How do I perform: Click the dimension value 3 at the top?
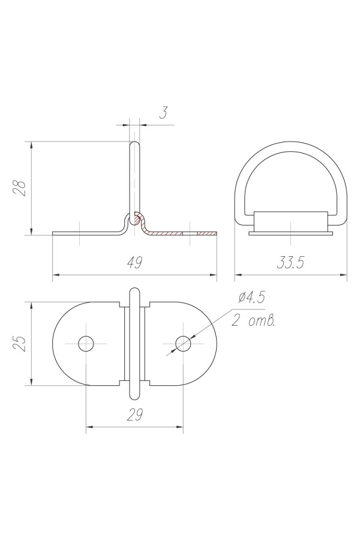(164, 113)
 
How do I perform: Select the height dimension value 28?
(20, 188)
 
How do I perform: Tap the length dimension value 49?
(134, 263)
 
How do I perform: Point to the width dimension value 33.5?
(290, 263)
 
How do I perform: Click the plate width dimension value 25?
(20, 343)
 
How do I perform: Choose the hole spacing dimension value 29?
(134, 415)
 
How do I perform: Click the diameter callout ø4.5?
(252, 297)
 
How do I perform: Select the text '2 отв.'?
(253, 321)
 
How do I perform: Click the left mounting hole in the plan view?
(86, 344)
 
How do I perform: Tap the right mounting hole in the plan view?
(183, 344)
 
